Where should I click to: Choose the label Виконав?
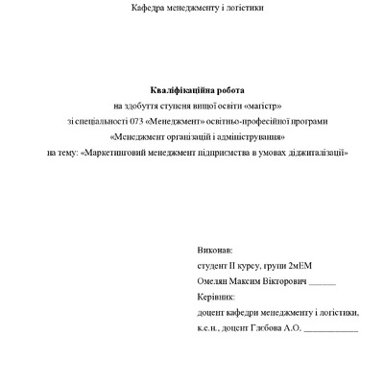(213, 247)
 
